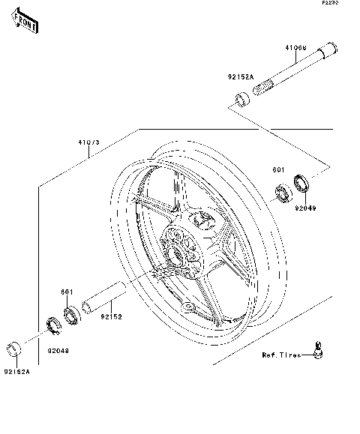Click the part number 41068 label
tap(295, 48)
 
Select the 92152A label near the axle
tap(241, 77)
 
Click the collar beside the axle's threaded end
tap(242, 99)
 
